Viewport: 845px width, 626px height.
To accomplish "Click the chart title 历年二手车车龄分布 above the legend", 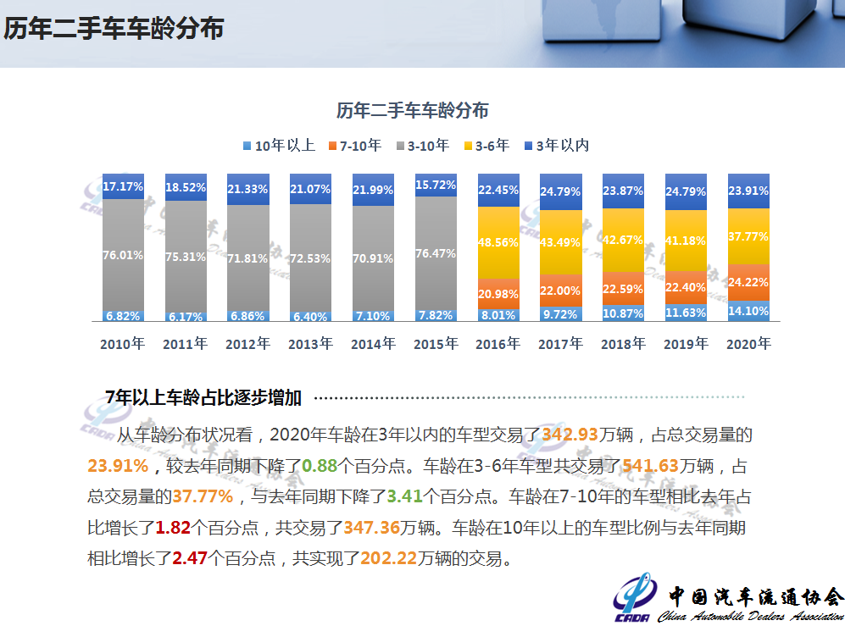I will coord(412,110).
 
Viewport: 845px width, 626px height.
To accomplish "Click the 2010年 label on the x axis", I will coord(122,344).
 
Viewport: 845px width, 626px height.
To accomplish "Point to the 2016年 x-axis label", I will coord(498,344).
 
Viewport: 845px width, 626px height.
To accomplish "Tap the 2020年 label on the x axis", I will coord(749,344).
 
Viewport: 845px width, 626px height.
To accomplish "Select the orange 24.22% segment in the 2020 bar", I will coord(749,282).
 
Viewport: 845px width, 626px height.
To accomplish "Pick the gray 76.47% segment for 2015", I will coord(436,253).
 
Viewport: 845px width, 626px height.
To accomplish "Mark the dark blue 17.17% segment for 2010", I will coord(122,186).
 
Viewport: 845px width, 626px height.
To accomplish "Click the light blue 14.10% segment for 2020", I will coord(749,311).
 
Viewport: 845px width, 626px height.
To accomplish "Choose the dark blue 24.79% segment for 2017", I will coord(561,191).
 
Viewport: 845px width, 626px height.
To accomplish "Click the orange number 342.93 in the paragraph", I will coord(570,435).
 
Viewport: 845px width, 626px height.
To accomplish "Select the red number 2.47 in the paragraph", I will coord(190,558).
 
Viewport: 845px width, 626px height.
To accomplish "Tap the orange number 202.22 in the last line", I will coord(388,558).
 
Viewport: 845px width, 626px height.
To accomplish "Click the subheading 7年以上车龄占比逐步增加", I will coord(203,396).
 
